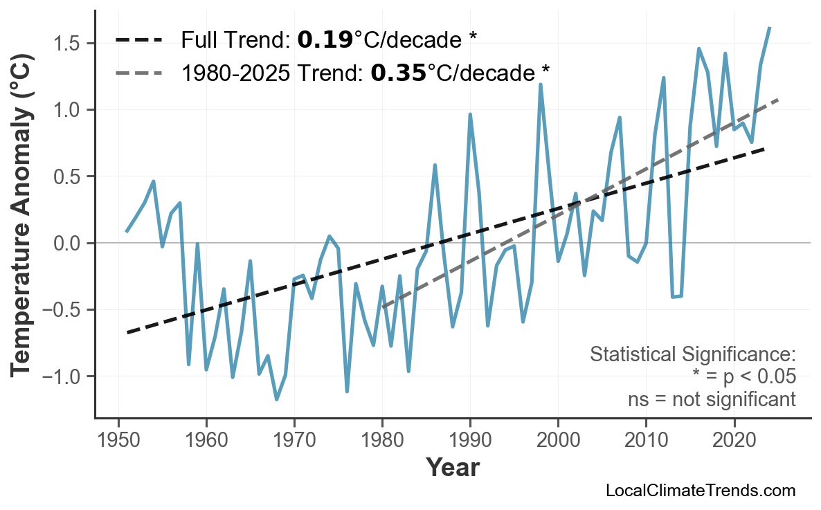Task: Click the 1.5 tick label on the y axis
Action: coord(69,44)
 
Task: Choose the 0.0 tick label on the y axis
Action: coord(69,244)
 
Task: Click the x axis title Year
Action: coord(452,468)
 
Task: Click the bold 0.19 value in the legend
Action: coord(325,40)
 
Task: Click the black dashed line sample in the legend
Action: coord(138,40)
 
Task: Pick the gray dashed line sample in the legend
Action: coord(138,72)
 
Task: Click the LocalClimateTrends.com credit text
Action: coord(700,491)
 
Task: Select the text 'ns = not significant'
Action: coord(711,399)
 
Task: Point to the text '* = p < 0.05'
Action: coord(743,377)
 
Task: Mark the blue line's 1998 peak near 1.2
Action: coord(540,84)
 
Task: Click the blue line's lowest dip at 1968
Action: coord(276,399)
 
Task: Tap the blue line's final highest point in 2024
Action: coord(770,28)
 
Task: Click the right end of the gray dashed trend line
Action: coord(778,100)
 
